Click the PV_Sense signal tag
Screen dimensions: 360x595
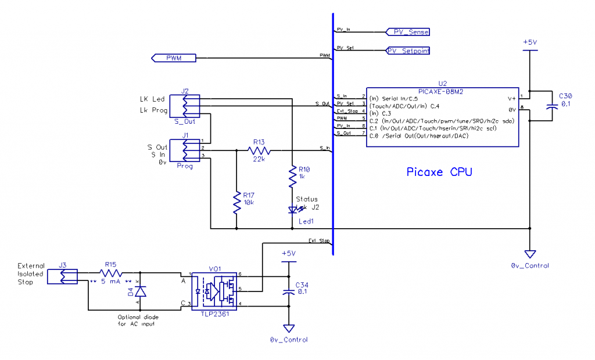tap(407, 31)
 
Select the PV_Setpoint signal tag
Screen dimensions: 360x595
tap(408, 51)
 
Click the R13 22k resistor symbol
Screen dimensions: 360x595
tap(259, 150)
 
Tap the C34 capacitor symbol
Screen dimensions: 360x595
tap(288, 292)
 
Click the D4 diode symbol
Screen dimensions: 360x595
tap(139, 291)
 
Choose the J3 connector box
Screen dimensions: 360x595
tap(68, 276)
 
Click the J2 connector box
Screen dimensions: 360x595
tap(188, 106)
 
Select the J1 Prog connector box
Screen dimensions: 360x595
tap(184, 151)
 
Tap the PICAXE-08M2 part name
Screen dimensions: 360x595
tap(442, 90)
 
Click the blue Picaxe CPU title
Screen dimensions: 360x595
tap(439, 172)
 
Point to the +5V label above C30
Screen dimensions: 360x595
tap(529, 42)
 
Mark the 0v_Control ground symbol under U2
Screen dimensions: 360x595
tap(529, 254)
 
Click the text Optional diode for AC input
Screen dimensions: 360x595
tap(138, 320)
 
